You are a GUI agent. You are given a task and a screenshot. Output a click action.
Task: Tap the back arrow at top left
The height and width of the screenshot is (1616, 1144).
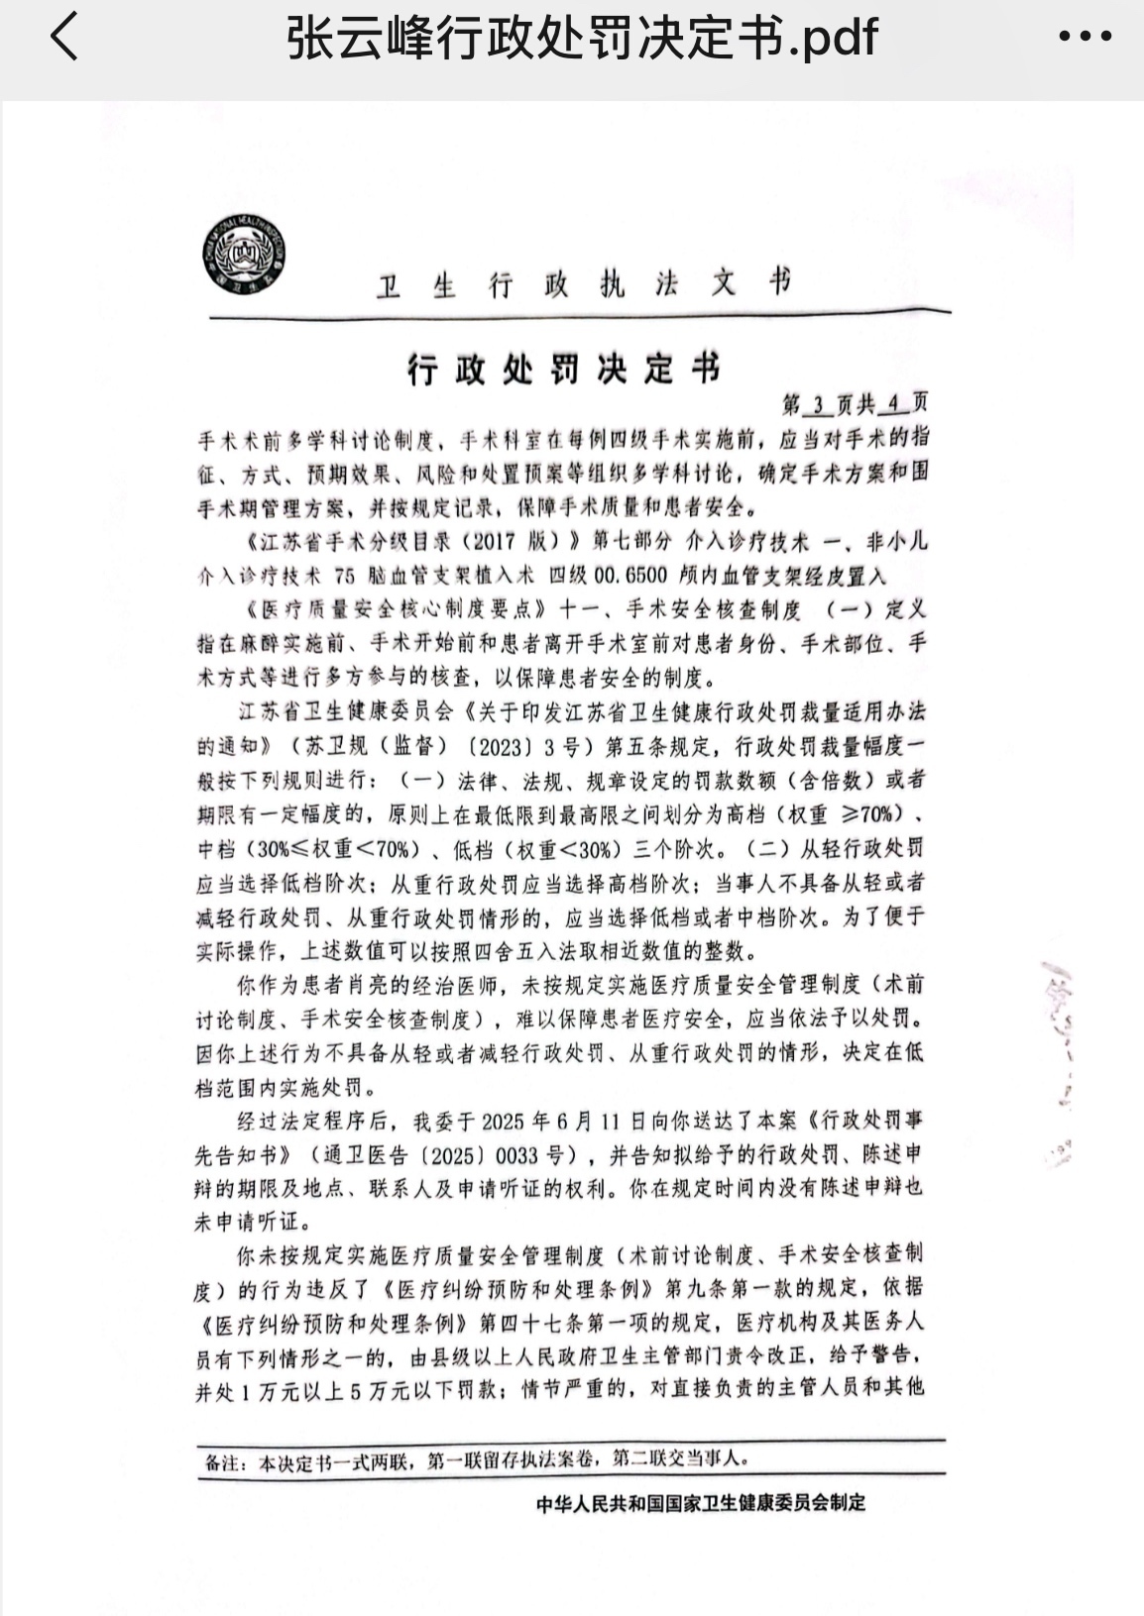(64, 38)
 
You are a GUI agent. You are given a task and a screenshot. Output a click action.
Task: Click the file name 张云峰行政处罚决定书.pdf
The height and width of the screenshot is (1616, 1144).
(582, 39)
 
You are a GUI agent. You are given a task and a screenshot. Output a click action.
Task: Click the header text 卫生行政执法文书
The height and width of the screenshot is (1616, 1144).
(584, 284)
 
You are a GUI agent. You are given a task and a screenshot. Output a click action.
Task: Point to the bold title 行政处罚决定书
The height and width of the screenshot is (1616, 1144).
(564, 369)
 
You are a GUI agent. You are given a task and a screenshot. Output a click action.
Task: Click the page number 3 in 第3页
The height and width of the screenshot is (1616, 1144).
(818, 404)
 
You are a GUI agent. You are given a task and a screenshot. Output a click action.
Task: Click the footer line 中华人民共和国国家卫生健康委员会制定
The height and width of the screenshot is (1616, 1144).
(701, 1503)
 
